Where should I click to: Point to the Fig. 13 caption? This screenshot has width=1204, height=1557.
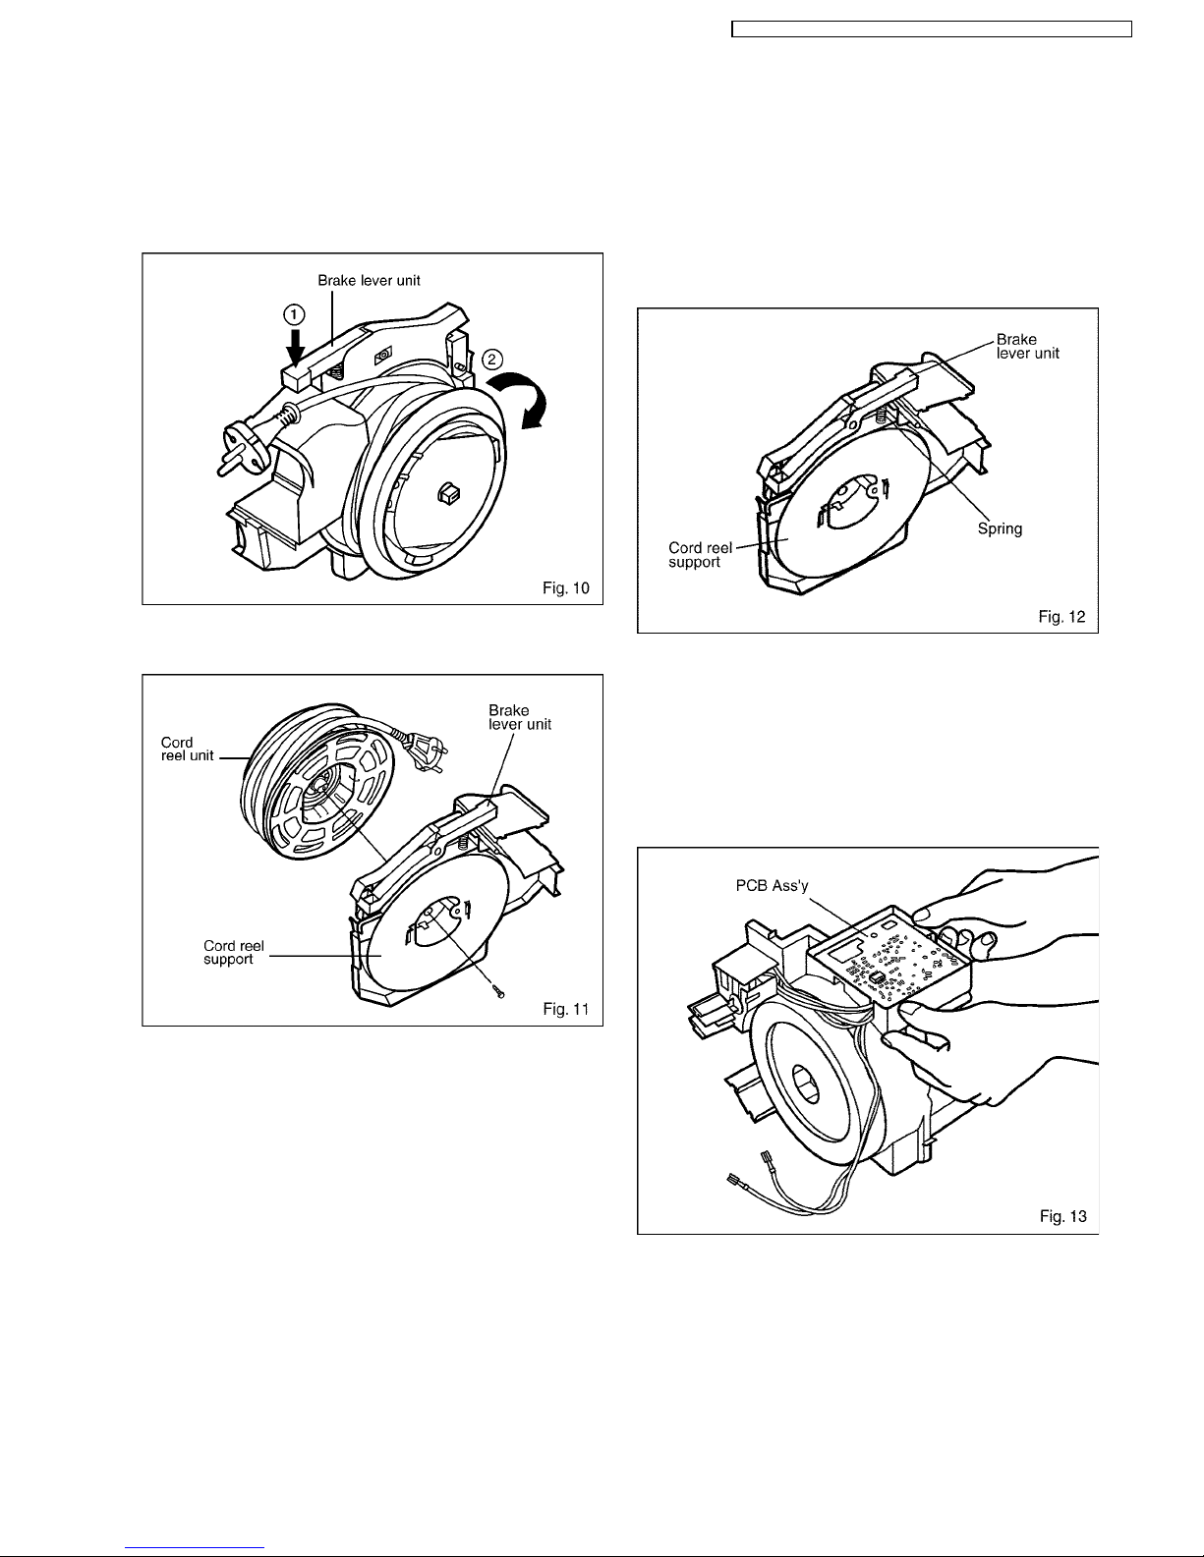pyautogui.click(x=1062, y=1216)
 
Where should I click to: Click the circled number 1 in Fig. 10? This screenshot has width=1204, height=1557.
pyautogui.click(x=295, y=313)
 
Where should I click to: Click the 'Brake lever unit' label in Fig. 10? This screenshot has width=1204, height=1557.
pyautogui.click(x=369, y=281)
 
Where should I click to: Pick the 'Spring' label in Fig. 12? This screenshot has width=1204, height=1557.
pyautogui.click(x=1000, y=528)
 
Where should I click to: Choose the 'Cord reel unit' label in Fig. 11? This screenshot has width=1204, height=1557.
pyautogui.click(x=187, y=749)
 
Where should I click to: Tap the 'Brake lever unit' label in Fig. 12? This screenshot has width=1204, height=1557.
pyautogui.click(x=1027, y=346)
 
